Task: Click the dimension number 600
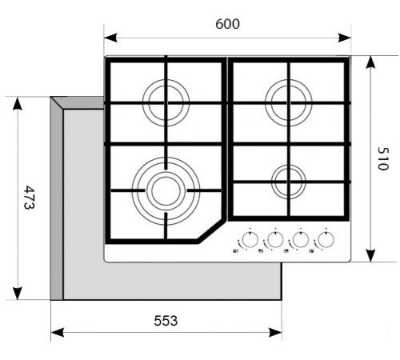[227, 24]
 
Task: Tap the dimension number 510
[383, 158]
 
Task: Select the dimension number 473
[30, 198]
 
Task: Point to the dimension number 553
[166, 321]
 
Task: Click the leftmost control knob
[250, 239]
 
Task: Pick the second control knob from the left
[275, 239]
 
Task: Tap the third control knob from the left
[301, 239]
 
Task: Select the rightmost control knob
[326, 239]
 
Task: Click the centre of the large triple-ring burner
[166, 190]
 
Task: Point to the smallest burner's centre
[289, 182]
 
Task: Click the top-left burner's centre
[166, 102]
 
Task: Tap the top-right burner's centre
[289, 102]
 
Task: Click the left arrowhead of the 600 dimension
[110, 38]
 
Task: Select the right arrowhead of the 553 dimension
[275, 333]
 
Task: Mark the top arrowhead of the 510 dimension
[370, 62]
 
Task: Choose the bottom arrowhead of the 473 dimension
[18, 294]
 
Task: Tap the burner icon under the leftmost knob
[235, 250]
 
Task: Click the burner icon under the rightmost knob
[311, 250]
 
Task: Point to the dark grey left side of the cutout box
[57, 202]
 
